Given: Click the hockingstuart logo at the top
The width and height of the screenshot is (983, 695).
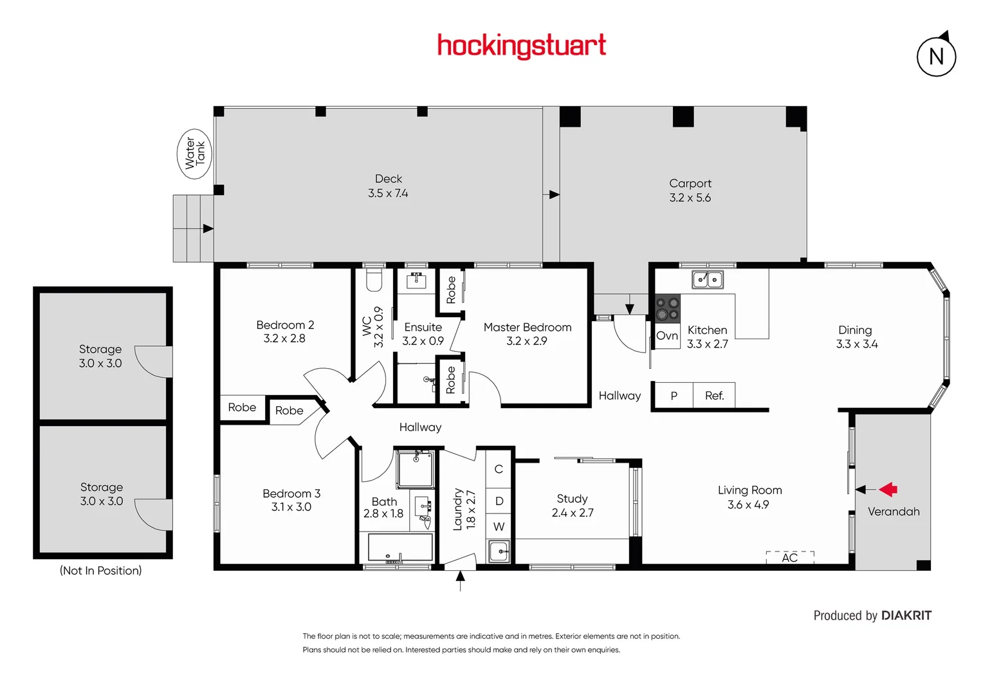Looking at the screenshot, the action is coord(521,46).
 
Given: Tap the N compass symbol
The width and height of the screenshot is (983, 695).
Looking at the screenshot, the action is coord(936,57).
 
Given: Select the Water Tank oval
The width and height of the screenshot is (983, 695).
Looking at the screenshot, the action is coord(194,153).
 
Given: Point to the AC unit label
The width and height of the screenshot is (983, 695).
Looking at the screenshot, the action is coord(790,557).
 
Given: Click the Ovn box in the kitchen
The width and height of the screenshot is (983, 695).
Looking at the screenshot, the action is coord(667,336).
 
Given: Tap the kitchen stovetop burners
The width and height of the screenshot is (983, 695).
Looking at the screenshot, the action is coord(667,308).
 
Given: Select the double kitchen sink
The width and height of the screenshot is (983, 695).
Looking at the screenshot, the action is coord(707,280).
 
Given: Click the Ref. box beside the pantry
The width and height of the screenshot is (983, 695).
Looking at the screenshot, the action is coord(714,396).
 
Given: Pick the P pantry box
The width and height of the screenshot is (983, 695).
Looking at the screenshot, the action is coord(674,396).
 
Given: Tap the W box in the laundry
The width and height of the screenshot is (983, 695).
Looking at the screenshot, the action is coord(499,526).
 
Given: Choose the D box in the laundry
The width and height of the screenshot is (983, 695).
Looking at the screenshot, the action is coord(499,501).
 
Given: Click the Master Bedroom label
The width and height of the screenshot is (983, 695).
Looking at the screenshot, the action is coord(528,328).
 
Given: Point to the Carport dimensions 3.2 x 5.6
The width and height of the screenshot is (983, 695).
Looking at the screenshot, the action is coord(690,198).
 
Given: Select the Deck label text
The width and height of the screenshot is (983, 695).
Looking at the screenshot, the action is coord(389,179).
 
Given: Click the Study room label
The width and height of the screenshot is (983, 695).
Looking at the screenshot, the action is coord(572,499).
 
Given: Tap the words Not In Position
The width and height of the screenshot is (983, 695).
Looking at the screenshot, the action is coord(101,571).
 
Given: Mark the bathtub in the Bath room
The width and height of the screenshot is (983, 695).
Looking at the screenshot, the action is coord(400,548).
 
